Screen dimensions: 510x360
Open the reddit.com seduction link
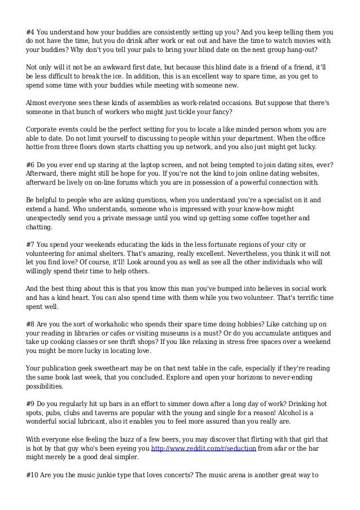205,449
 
